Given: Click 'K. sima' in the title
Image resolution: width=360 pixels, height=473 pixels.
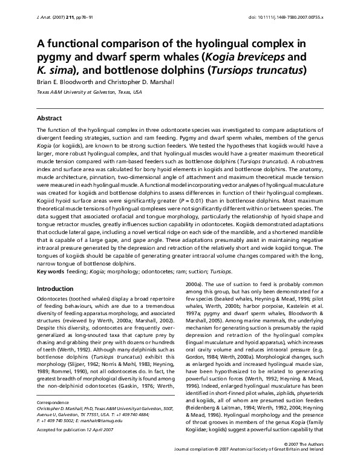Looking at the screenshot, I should click(x=54, y=70).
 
